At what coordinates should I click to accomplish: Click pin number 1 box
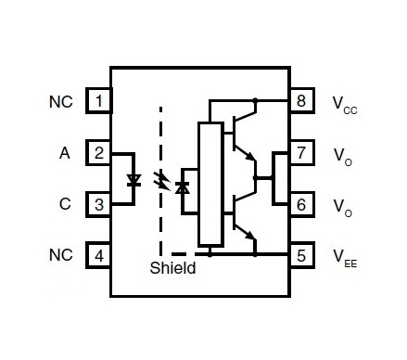99,101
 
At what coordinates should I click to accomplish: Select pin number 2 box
98,153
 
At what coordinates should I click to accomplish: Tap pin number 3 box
98,204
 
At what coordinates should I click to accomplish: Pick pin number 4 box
98,255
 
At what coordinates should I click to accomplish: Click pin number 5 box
301,255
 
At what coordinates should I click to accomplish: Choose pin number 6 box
301,204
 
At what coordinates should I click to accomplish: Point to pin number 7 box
301,153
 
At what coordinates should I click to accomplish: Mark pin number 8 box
301,101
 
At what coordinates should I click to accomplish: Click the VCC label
345,105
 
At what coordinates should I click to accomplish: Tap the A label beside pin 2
65,153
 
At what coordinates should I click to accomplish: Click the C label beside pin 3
65,204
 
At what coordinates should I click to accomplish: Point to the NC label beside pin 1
61,102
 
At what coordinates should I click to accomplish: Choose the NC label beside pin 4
61,255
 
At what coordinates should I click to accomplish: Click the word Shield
172,268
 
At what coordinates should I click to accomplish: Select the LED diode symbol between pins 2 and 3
134,180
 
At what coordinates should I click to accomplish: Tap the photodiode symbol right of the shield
183,187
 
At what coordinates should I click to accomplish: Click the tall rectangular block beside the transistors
210,185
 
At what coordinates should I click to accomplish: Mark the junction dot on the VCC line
255,100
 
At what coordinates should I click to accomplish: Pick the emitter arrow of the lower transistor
251,236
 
